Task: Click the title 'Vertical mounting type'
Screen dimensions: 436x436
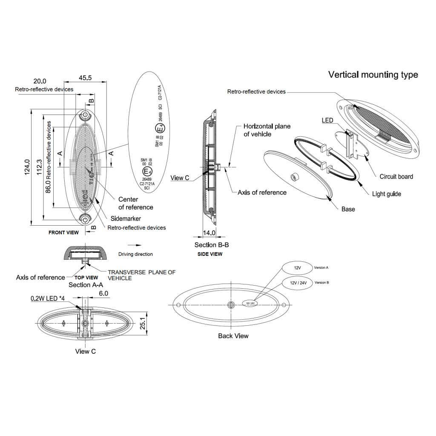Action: (373, 75)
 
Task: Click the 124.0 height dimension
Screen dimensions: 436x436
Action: (27, 167)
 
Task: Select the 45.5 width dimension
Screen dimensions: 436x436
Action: (85, 78)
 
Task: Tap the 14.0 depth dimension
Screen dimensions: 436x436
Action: (209, 233)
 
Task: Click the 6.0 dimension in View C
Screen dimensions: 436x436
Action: (104, 294)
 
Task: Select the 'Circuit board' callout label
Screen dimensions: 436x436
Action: (396, 177)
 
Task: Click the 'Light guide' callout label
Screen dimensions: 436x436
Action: (386, 194)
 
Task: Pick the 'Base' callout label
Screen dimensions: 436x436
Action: (348, 209)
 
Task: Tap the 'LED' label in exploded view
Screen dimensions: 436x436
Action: (327, 121)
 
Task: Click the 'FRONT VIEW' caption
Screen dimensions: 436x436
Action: (63, 232)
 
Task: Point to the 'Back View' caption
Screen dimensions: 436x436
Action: (233, 336)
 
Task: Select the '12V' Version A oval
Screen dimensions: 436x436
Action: (298, 269)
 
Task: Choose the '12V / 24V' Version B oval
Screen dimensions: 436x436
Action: (298, 283)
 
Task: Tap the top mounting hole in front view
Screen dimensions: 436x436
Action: (85, 115)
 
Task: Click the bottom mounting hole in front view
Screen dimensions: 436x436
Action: (85, 220)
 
